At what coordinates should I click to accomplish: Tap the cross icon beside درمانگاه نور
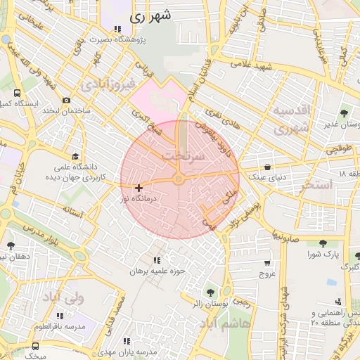[139, 188]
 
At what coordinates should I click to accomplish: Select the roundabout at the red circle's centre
[180, 181]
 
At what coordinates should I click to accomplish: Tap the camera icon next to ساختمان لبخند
[67, 101]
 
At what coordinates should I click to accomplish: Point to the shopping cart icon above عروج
[266, 262]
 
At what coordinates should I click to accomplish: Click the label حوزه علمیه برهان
[156, 271]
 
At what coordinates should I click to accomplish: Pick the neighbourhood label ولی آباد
[63, 298]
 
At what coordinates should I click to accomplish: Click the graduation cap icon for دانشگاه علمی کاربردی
[76, 156]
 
